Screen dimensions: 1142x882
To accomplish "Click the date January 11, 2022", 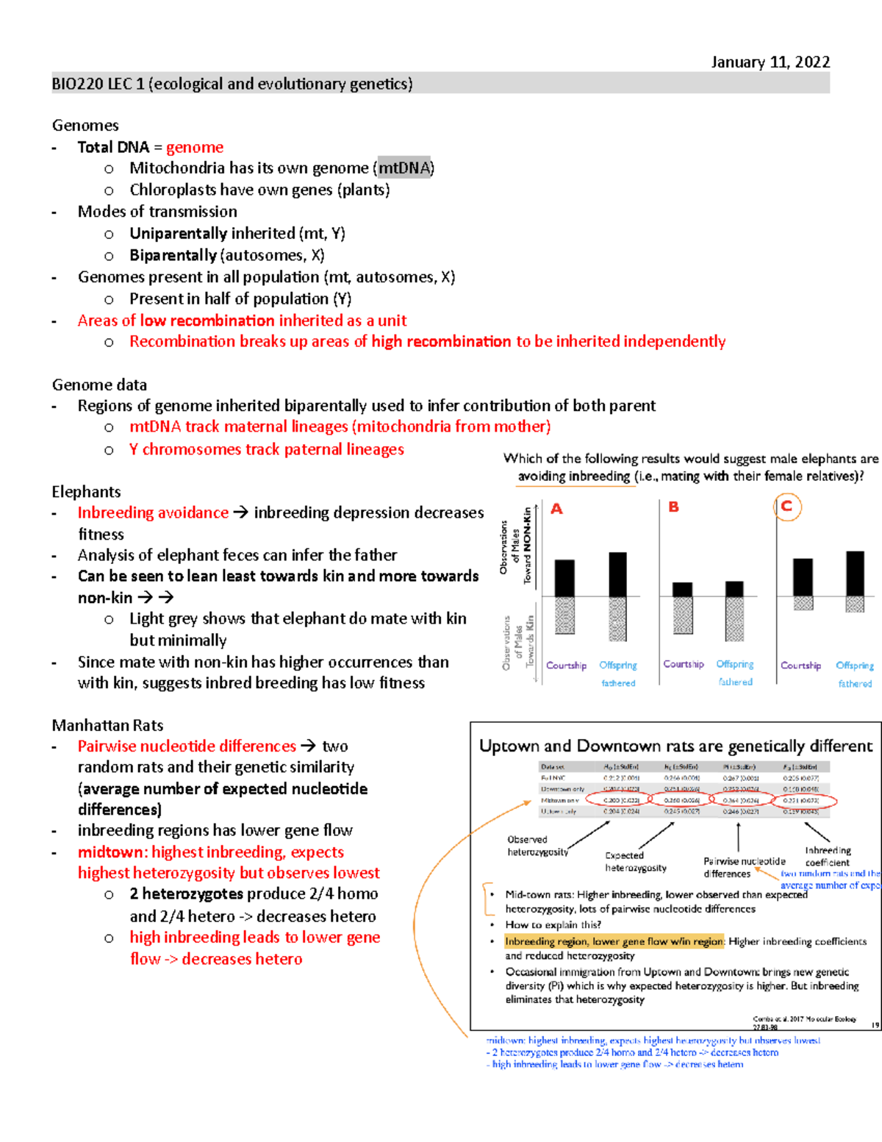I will [x=770, y=62].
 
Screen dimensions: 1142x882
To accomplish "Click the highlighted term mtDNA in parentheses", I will [x=404, y=168].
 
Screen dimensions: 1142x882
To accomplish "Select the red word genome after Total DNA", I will [x=194, y=147].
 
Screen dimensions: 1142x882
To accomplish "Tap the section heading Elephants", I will [x=86, y=492].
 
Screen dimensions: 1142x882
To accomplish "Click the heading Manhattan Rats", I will [x=107, y=725].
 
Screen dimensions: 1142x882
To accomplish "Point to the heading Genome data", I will [x=99, y=385].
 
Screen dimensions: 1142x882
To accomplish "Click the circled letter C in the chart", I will [x=787, y=507].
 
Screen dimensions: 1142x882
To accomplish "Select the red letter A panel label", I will [x=556, y=509].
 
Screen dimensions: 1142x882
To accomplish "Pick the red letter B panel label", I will [x=673, y=507].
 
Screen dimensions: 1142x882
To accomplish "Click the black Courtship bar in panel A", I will [x=564, y=578].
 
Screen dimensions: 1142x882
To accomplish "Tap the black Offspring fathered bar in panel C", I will [x=855, y=574].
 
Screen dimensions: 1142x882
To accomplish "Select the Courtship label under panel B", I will [x=683, y=664].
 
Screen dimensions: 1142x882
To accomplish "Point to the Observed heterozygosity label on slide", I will [x=537, y=846].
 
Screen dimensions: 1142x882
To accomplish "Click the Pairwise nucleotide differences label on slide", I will [x=744, y=867].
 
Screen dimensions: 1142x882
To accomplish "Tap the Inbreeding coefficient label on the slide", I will [x=828, y=856].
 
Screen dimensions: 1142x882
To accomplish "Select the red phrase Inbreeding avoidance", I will [x=153, y=513].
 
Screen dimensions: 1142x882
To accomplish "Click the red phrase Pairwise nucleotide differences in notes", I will [x=187, y=746].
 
